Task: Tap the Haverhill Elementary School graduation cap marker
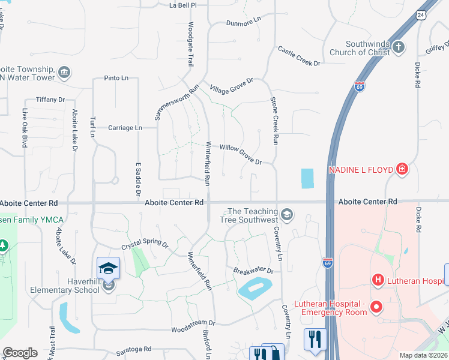point(109,268)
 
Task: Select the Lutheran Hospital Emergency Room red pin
point(376,307)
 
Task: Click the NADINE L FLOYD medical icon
point(402,170)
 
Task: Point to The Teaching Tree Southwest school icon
point(287,214)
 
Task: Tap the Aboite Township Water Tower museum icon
point(65,73)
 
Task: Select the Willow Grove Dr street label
point(241,154)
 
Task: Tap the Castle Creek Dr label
point(298,56)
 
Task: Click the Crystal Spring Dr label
point(145,242)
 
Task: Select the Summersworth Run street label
point(176,102)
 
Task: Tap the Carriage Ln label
point(125,128)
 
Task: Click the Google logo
point(20,353)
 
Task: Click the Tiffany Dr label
point(50,100)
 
